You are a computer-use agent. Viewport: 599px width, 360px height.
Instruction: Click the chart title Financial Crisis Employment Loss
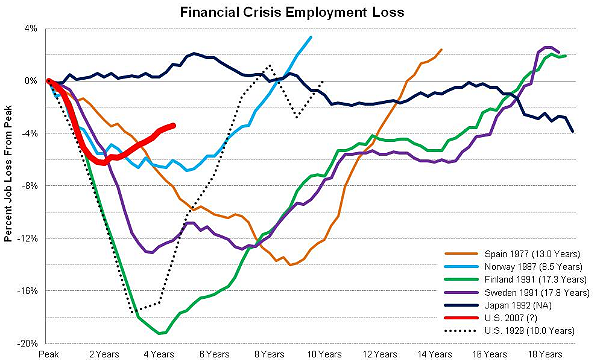point(299,12)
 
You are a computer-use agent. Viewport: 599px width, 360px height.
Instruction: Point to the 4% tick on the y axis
point(31,28)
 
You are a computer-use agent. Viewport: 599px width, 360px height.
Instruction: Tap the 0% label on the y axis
point(31,81)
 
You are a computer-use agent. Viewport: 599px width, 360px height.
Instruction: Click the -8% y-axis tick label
point(30,186)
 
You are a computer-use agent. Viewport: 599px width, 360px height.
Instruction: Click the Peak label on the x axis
point(48,353)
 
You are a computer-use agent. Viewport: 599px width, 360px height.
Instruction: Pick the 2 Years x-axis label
point(101,353)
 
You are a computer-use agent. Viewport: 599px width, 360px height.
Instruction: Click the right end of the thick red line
point(173,126)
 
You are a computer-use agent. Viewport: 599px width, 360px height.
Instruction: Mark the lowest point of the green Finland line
point(162,333)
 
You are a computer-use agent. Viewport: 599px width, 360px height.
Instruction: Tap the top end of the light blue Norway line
point(311,37)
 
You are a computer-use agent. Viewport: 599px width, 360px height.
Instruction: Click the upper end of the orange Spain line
point(442,49)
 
